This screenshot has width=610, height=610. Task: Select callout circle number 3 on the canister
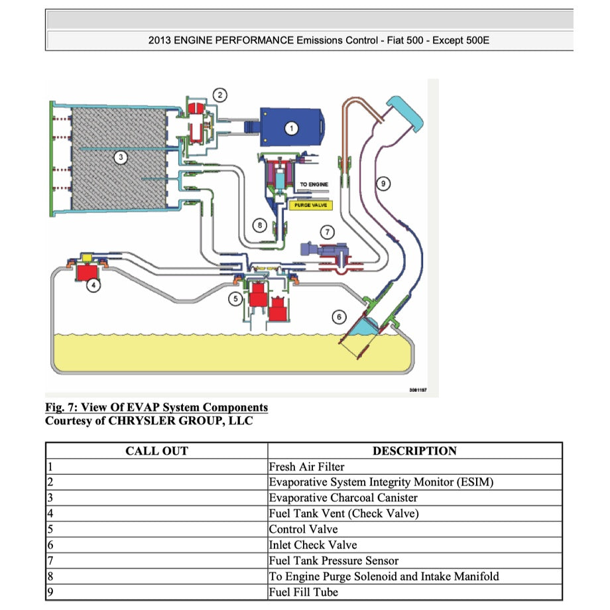click(119, 157)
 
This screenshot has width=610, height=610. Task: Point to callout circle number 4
click(95, 286)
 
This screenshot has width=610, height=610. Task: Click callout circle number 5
click(235, 299)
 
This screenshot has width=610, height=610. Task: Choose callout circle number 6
click(339, 318)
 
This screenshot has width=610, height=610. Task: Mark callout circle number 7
click(327, 231)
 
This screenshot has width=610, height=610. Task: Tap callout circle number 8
click(261, 225)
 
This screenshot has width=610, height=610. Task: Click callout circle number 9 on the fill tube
click(383, 184)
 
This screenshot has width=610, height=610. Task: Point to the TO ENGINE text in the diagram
click(314, 184)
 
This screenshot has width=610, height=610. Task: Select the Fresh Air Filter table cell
click(306, 467)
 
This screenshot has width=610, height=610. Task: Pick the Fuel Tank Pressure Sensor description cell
click(334, 561)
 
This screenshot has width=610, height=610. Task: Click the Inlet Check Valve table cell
click(312, 545)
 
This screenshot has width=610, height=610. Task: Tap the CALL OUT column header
click(156, 451)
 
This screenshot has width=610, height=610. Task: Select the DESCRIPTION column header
click(414, 451)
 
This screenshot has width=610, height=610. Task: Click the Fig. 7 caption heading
click(156, 407)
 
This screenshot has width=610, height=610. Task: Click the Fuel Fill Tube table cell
click(303, 592)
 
